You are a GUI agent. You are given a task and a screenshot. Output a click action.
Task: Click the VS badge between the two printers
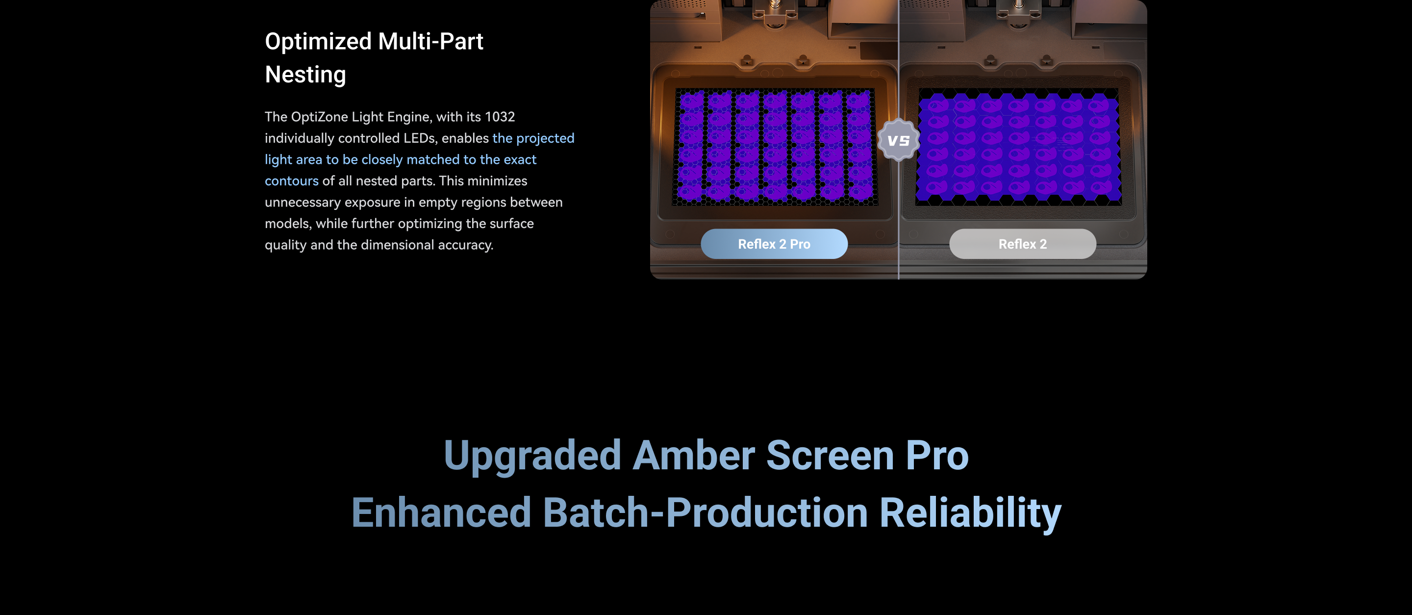[x=898, y=140]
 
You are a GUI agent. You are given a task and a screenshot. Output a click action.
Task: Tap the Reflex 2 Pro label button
[x=774, y=244]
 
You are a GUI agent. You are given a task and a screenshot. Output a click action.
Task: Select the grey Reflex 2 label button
[x=1023, y=244]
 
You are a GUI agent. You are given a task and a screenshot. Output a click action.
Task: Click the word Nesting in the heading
[x=305, y=75]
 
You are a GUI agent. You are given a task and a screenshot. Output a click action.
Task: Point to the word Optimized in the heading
[x=319, y=42]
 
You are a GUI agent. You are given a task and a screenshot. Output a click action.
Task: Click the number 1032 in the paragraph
[x=500, y=117]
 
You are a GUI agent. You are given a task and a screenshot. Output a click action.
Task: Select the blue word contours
[x=292, y=181]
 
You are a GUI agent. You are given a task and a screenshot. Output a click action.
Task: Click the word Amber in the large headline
[x=693, y=456]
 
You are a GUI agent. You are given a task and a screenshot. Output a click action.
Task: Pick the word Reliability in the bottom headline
[x=970, y=513]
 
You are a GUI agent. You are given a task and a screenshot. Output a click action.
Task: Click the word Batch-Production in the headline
[x=706, y=513]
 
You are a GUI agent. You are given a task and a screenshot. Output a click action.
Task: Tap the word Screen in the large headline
[x=830, y=456]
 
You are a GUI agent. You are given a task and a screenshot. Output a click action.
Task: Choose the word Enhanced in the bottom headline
[x=441, y=513]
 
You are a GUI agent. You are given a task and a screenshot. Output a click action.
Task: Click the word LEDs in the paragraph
[x=419, y=138]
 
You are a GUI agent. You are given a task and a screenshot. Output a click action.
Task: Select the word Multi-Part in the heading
[x=431, y=42]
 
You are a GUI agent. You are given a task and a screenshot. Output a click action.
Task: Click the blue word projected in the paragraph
[x=545, y=139]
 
